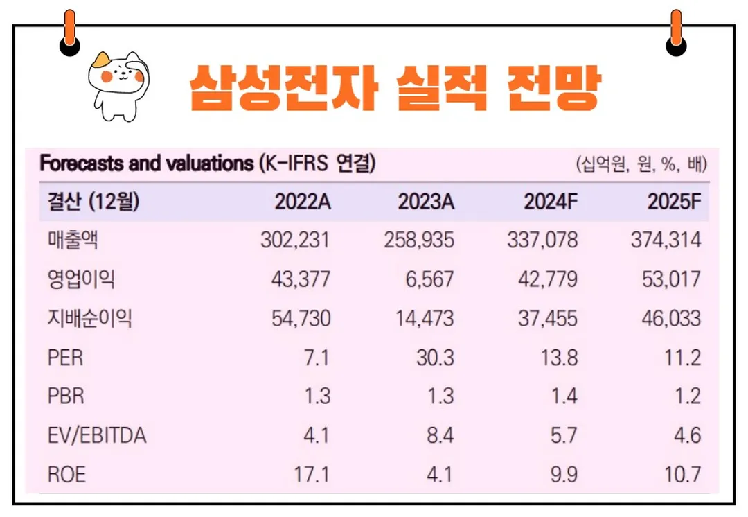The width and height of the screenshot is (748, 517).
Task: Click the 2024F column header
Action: click(x=551, y=202)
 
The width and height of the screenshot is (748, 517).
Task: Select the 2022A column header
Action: click(x=303, y=202)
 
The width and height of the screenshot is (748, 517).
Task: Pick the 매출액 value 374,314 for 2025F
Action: click(x=666, y=240)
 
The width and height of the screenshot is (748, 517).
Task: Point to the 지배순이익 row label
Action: click(x=90, y=319)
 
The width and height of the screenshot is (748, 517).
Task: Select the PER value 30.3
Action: click(x=434, y=358)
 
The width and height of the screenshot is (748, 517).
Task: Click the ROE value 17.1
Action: click(x=312, y=475)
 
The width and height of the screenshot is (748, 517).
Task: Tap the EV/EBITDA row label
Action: click(x=97, y=436)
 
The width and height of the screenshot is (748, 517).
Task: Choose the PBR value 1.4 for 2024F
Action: click(x=563, y=396)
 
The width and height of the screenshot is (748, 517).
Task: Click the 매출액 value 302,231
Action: click(x=296, y=240)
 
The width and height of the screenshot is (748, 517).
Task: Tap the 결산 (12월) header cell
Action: click(x=93, y=202)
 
